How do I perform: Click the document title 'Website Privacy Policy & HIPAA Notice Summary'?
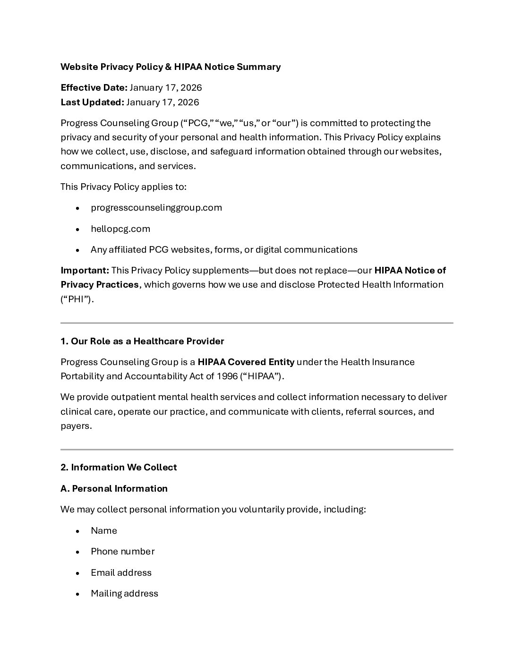pyautogui.click(x=171, y=67)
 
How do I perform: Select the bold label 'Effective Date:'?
pyautogui.click(x=94, y=88)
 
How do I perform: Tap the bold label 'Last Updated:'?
pyautogui.click(x=92, y=102)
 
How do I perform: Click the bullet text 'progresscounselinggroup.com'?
pyautogui.click(x=156, y=208)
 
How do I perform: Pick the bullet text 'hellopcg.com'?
pyautogui.click(x=120, y=229)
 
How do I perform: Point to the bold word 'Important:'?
pyautogui.click(x=85, y=271)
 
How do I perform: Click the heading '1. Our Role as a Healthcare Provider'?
pyautogui.click(x=142, y=341)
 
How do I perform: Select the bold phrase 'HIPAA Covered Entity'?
pyautogui.click(x=246, y=362)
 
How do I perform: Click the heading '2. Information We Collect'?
pyautogui.click(x=119, y=468)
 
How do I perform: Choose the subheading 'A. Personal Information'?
pyautogui.click(x=114, y=489)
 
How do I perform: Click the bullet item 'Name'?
pyautogui.click(x=104, y=531)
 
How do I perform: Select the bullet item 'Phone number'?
pyautogui.click(x=122, y=552)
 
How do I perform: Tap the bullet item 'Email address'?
pyautogui.click(x=121, y=573)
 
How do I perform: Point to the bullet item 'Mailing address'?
pyautogui.click(x=124, y=594)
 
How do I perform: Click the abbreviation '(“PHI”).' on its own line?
pyautogui.click(x=77, y=299)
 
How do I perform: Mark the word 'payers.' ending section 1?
pyautogui.click(x=76, y=426)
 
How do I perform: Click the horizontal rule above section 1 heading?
pyautogui.click(x=257, y=323)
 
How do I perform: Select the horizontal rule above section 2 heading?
pyautogui.click(x=257, y=450)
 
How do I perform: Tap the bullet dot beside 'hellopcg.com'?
pyautogui.click(x=77, y=230)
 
